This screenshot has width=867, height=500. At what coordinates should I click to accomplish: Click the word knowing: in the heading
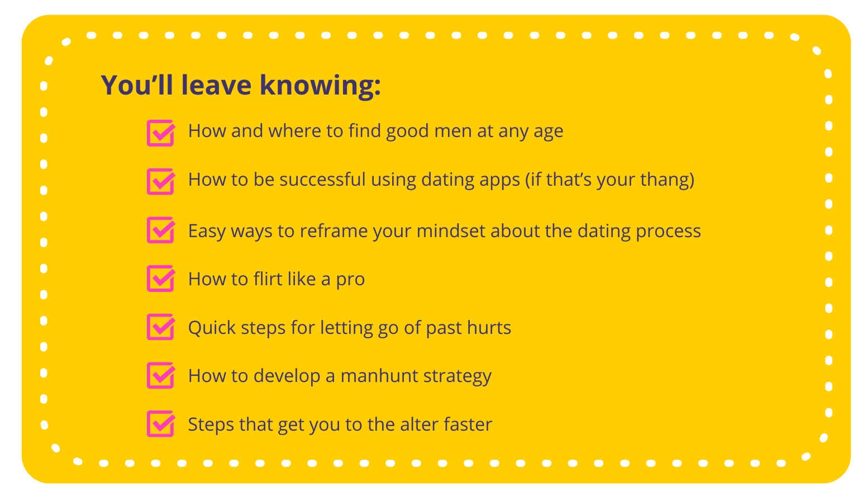(x=320, y=86)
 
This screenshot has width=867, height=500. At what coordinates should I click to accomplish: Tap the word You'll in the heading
(x=137, y=84)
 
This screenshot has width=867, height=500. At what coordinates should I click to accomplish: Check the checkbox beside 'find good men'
(x=161, y=133)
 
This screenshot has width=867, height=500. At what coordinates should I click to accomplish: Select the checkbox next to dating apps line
(x=161, y=181)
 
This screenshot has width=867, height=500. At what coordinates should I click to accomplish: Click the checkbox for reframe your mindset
(x=161, y=230)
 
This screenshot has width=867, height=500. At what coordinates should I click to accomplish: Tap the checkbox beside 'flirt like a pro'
(x=161, y=279)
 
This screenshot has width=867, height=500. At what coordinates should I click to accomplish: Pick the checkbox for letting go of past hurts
(x=161, y=327)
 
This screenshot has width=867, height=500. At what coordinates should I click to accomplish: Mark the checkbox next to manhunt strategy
(x=161, y=375)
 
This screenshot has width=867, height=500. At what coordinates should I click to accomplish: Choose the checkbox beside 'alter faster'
(x=161, y=423)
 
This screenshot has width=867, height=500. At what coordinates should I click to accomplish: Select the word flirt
(x=268, y=279)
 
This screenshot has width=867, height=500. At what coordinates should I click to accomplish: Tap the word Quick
(x=212, y=328)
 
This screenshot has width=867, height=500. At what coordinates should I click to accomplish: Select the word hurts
(x=489, y=328)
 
